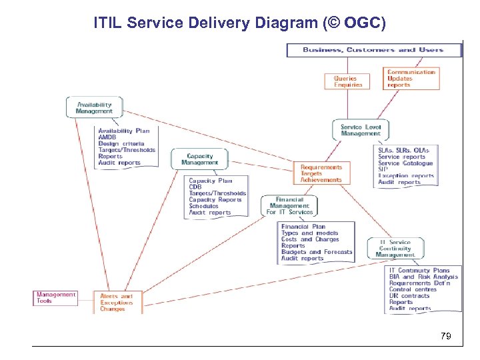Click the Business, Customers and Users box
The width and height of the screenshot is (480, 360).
[373, 50]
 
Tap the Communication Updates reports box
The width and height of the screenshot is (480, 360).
[411, 79]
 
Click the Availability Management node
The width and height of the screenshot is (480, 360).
[94, 108]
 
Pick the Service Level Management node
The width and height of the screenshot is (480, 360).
[360, 130]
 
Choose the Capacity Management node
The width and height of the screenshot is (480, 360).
[199, 159]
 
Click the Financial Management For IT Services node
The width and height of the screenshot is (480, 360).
[289, 205]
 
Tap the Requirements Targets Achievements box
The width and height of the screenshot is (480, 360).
[321, 173]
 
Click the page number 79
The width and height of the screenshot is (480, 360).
[445, 337]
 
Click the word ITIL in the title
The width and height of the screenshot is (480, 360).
[107, 24]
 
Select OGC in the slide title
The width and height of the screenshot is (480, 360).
[361, 24]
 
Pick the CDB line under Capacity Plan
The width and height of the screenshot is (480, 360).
[195, 187]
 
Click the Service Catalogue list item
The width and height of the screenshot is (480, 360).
[405, 163]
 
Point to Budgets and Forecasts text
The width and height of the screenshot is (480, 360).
[316, 252]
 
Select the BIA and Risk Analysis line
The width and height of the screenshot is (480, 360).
[423, 277]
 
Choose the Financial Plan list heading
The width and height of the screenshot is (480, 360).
[303, 227]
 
